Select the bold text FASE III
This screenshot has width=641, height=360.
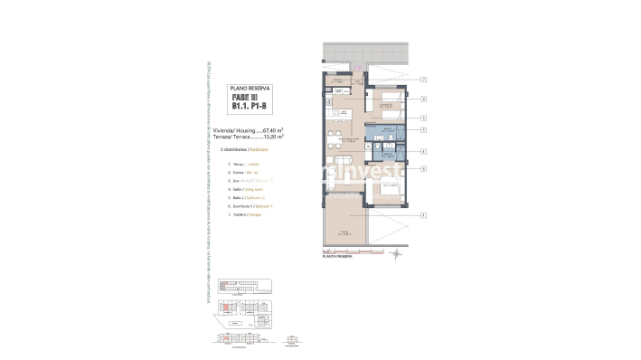(x=247, y=97)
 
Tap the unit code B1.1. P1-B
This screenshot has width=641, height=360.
(x=247, y=106)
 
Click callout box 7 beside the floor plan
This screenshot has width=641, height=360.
(x=423, y=80)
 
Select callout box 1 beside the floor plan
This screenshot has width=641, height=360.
(x=423, y=214)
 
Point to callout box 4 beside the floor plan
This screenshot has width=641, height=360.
(x=423, y=151)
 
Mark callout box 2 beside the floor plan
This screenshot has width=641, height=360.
(x=423, y=98)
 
